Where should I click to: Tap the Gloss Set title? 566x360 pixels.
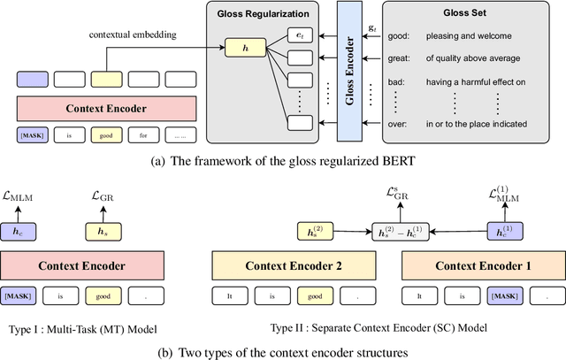(468, 15)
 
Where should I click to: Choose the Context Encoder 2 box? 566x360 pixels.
(292, 266)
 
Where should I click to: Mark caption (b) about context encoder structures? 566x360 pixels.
(282, 351)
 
